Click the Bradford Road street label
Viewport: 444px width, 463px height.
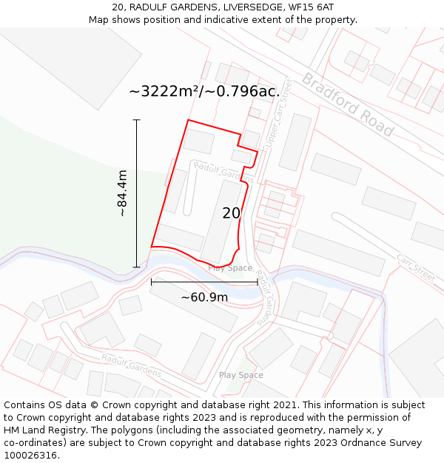click(x=347, y=104)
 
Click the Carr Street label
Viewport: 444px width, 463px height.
click(x=416, y=267)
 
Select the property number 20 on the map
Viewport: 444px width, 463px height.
click(x=232, y=213)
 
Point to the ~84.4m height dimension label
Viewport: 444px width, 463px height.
click(x=123, y=193)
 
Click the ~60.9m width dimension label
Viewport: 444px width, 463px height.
click(x=205, y=298)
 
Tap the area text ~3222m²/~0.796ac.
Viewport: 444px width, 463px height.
click(x=204, y=92)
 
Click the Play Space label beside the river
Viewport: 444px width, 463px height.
click(x=230, y=268)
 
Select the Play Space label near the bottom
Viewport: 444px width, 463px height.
click(x=240, y=376)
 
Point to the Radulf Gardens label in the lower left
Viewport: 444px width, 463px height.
click(x=131, y=366)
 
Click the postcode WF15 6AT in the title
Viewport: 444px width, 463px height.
click(x=309, y=7)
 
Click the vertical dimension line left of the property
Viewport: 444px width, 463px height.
click(x=137, y=193)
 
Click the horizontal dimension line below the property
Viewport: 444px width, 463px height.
click(x=204, y=282)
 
